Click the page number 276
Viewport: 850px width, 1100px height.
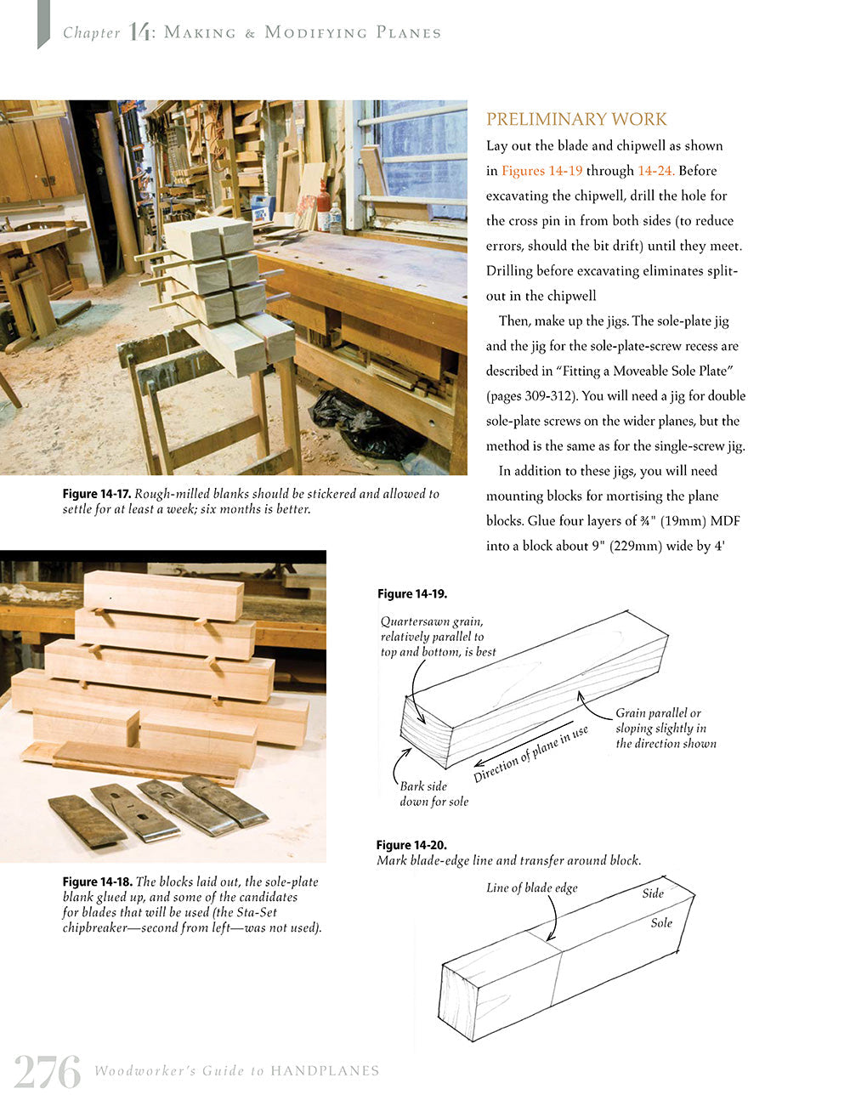point(48,1071)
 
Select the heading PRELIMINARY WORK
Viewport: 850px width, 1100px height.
point(576,120)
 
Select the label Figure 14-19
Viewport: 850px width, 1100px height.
point(412,594)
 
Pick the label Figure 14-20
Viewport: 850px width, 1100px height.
point(411,845)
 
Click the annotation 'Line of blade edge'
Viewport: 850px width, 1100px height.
point(531,888)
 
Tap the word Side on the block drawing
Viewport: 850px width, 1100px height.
point(653,893)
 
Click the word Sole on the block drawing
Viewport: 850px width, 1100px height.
point(661,923)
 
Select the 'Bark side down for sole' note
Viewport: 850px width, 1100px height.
point(433,794)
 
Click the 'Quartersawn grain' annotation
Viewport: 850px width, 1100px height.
point(438,637)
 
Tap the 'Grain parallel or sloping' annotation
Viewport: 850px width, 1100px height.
point(666,729)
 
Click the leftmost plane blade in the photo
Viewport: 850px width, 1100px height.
point(87,820)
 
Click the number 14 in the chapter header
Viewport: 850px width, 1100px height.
point(140,32)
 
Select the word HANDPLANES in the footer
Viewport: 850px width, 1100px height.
point(325,1071)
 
